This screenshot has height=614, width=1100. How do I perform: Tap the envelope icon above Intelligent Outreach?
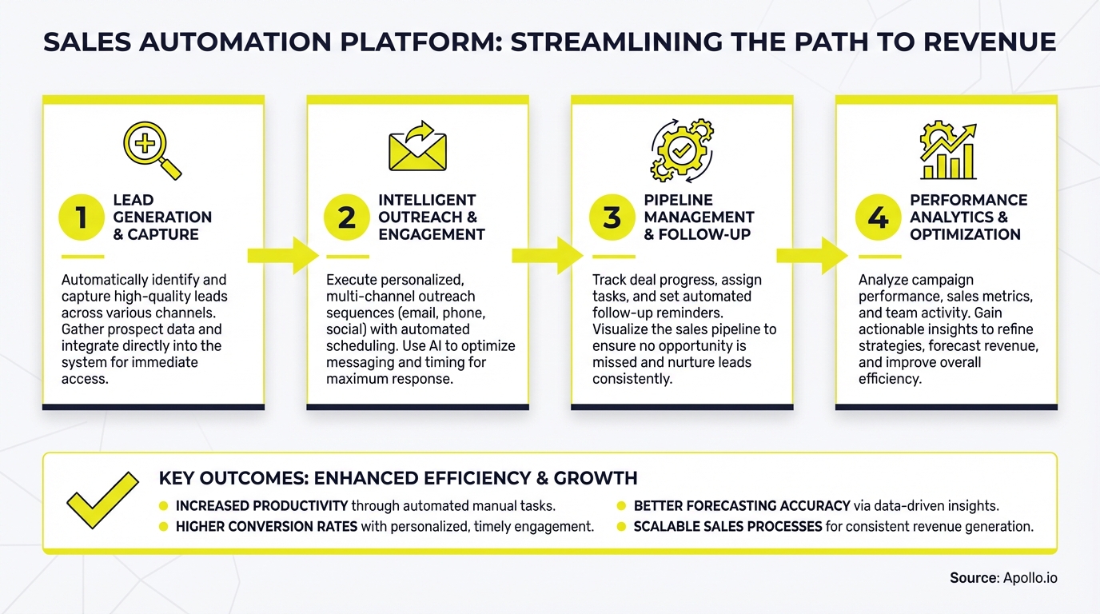(417, 147)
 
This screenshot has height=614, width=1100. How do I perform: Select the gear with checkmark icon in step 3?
(682, 150)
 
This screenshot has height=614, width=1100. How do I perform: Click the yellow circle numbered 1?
(82, 217)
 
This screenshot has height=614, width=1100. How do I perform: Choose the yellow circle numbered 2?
(347, 217)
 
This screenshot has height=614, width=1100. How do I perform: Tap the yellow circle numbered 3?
(612, 217)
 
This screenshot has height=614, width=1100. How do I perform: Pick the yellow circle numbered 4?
(878, 217)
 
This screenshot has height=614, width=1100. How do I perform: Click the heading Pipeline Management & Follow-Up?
(699, 217)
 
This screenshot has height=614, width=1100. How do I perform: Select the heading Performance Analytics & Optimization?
(968, 217)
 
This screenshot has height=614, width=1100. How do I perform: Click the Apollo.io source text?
(1030, 577)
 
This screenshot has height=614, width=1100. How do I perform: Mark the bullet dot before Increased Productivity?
(164, 506)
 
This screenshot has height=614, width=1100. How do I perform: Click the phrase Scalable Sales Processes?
(727, 527)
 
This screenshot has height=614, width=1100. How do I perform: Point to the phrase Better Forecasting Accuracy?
(741, 506)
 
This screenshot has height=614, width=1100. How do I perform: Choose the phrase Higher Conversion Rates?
(266, 527)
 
